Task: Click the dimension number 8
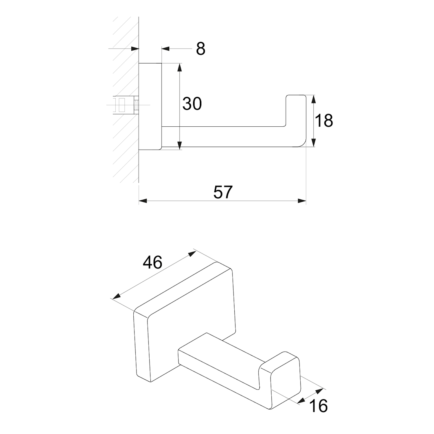coord(201,49)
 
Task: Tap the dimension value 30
coord(192,104)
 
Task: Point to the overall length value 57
coord(223,192)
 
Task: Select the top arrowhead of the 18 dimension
coord(314,99)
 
